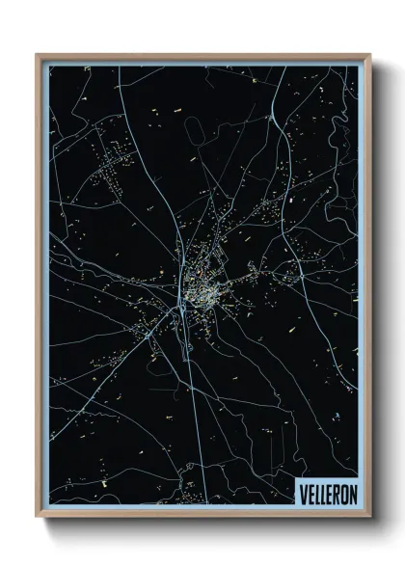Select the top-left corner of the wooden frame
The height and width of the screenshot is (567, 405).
[x=38, y=56]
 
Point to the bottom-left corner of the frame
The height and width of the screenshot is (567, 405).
[x=38, y=518]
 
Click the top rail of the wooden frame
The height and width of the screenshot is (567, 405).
[x=202, y=56]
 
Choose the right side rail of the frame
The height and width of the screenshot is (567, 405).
[x=367, y=289]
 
